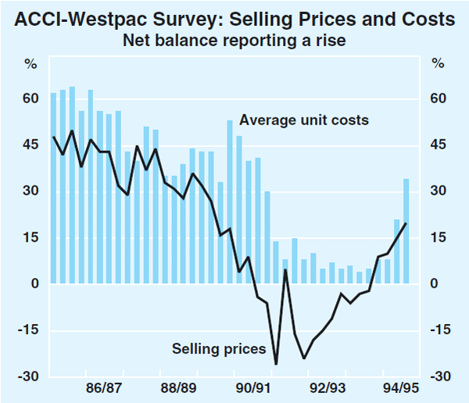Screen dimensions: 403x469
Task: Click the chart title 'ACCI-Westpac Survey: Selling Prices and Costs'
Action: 234,17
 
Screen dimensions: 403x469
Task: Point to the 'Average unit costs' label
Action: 304,121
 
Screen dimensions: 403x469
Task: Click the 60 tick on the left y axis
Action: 30,99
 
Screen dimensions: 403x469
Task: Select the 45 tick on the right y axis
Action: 438,145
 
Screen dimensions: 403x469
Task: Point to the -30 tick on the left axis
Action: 28,376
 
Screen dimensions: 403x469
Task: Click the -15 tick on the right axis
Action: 441,330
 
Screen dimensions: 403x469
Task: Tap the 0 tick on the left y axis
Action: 34,284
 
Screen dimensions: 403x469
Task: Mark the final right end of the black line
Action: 406,223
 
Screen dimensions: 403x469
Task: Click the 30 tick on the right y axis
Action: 438,191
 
